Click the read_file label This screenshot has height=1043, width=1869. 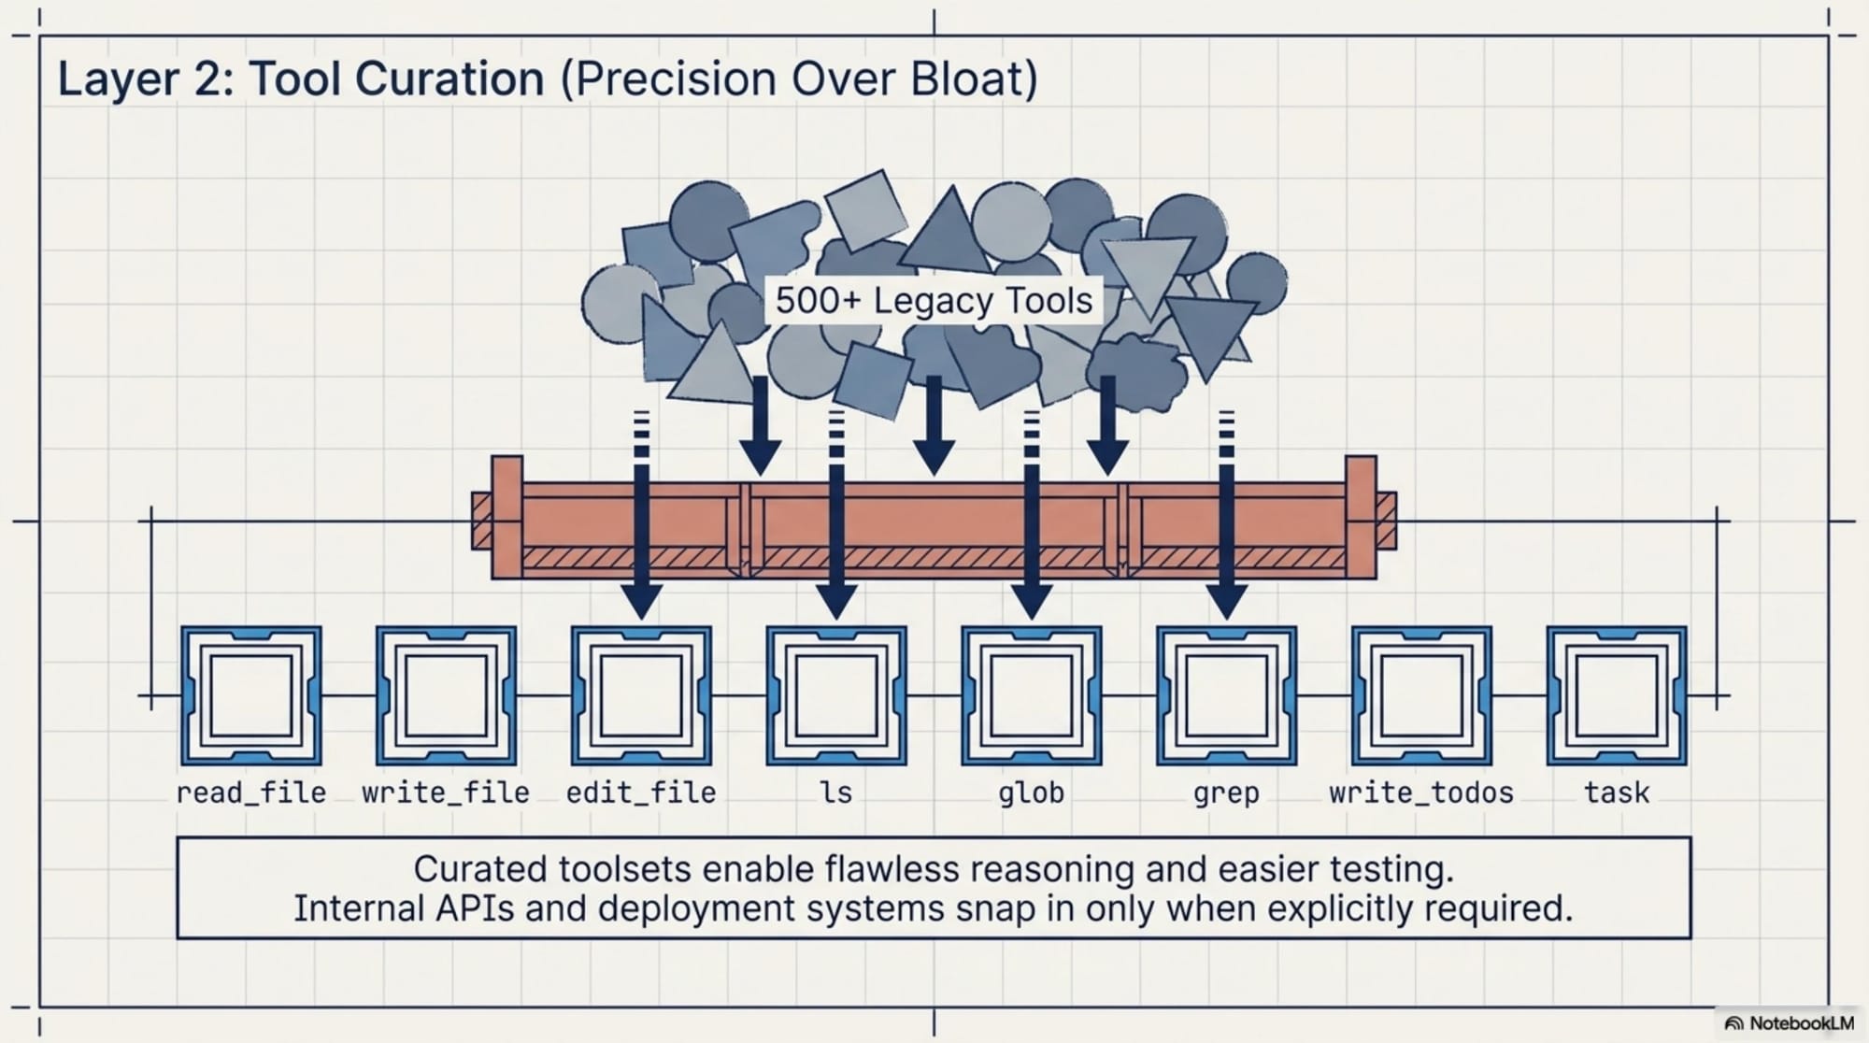pyautogui.click(x=250, y=793)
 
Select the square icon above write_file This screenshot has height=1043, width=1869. pyautogui.click(x=446, y=696)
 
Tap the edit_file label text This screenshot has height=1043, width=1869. pyautogui.click(x=641, y=793)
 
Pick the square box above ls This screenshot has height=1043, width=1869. pyautogui.click(x=836, y=696)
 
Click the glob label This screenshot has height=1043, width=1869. pyautogui.click(x=1031, y=793)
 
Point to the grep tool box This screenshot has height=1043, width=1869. pyautogui.click(x=1226, y=696)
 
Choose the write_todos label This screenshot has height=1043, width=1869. pyautogui.click(x=1420, y=793)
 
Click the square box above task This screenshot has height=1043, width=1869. pyautogui.click(x=1617, y=696)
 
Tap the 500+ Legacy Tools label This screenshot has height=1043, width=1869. pyautogui.click(x=934, y=301)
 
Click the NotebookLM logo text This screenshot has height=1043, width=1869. pyautogui.click(x=1800, y=1023)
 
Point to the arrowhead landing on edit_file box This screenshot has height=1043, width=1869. pyautogui.click(x=641, y=601)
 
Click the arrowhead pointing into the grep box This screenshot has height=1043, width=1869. pyautogui.click(x=1226, y=601)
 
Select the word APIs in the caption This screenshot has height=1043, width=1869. pyautogui.click(x=475, y=908)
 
